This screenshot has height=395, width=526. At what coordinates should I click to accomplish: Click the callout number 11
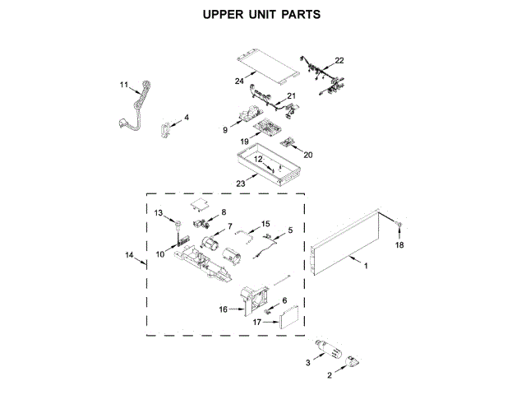(124, 85)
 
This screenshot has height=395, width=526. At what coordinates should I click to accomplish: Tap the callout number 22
(339, 60)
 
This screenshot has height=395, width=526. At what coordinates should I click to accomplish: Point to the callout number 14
(129, 256)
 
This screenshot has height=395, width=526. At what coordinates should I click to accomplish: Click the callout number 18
(400, 245)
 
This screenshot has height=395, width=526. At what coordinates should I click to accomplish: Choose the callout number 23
(241, 184)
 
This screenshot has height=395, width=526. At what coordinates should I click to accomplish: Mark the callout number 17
(256, 322)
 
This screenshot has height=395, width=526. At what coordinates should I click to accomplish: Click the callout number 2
(330, 375)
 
